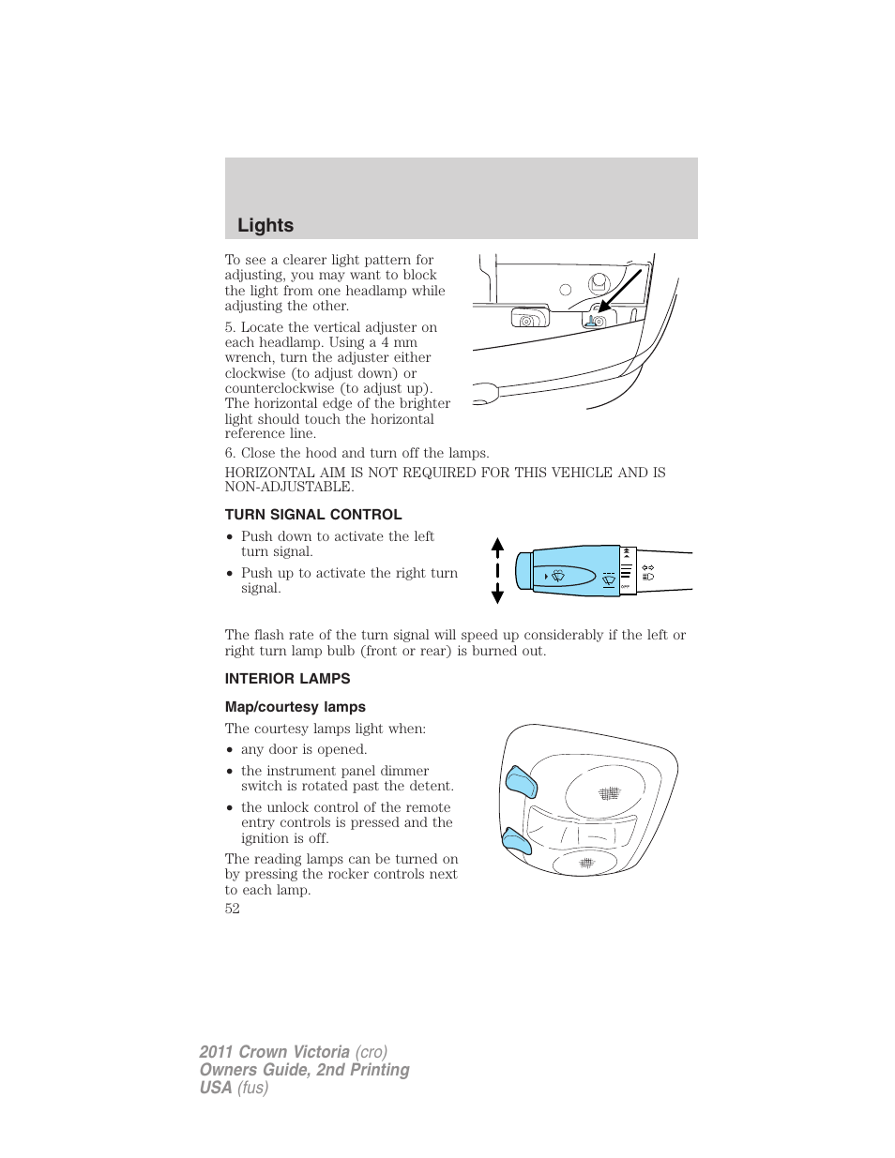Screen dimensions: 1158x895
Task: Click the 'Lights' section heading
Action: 265,225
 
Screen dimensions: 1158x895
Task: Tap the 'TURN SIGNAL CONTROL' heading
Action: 313,515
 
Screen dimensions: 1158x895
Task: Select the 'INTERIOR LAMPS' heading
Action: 287,679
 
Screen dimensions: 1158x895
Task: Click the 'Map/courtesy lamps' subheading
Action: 296,707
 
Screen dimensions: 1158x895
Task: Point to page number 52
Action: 233,909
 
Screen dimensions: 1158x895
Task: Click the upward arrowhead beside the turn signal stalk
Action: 498,545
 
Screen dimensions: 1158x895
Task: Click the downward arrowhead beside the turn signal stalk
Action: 498,596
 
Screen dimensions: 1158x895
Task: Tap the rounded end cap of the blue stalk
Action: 523,571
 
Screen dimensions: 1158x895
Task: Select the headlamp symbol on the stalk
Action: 648,577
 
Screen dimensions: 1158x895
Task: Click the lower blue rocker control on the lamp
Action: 516,840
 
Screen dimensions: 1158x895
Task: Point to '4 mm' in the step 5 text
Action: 399,342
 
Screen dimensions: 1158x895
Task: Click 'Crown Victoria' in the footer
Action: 295,1052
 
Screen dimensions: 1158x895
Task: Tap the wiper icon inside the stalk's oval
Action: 557,576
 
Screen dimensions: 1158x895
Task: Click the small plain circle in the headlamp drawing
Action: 566,290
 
